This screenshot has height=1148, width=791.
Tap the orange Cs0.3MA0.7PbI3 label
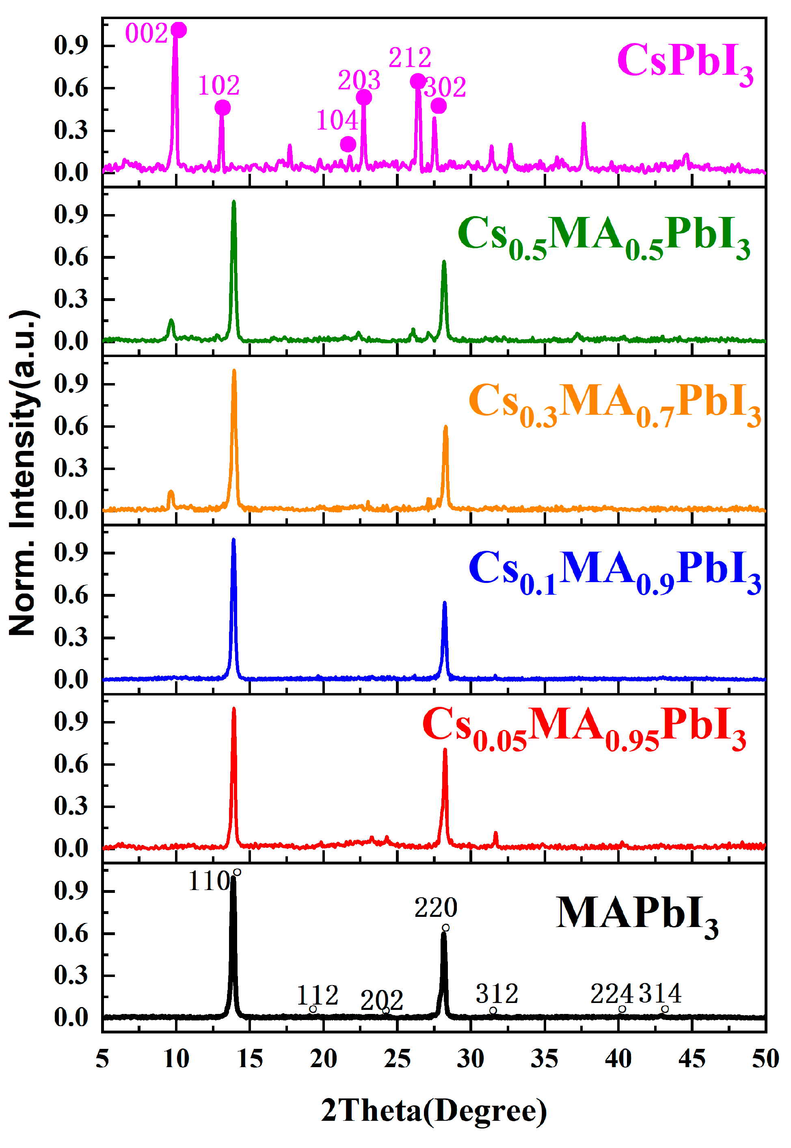coord(614,403)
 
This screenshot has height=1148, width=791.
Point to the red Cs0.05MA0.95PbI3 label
coord(584,728)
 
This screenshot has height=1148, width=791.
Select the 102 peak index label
coord(218,85)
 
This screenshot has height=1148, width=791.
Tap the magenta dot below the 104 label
coord(348,144)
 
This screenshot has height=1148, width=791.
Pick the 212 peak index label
coord(409,58)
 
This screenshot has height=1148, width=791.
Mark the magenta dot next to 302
coord(438,106)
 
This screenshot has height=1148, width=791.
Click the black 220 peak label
coord(435,908)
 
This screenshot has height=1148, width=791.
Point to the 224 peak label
coord(612,994)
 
